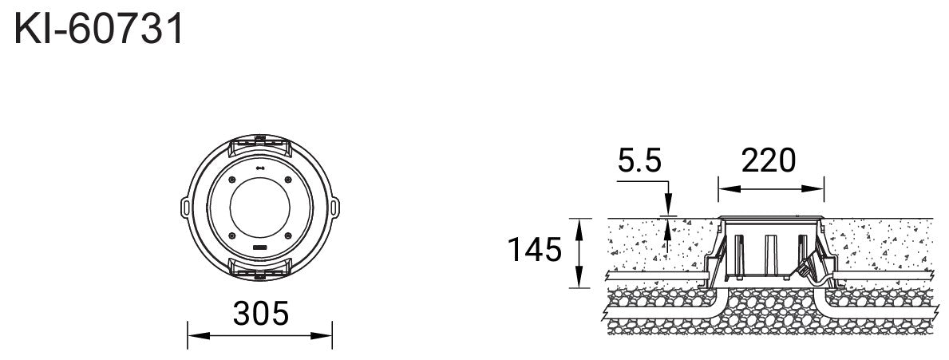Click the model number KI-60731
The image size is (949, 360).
[99, 29]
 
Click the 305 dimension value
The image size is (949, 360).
[261, 314]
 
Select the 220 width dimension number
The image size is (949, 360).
[769, 161]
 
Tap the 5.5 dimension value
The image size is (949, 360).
[640, 161]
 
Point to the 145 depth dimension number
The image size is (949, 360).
[535, 249]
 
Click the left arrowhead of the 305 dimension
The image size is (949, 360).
[198, 336]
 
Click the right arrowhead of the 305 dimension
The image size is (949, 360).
[322, 336]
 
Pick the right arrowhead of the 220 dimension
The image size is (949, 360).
[813, 188]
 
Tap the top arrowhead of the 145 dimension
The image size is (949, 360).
[579, 229]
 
